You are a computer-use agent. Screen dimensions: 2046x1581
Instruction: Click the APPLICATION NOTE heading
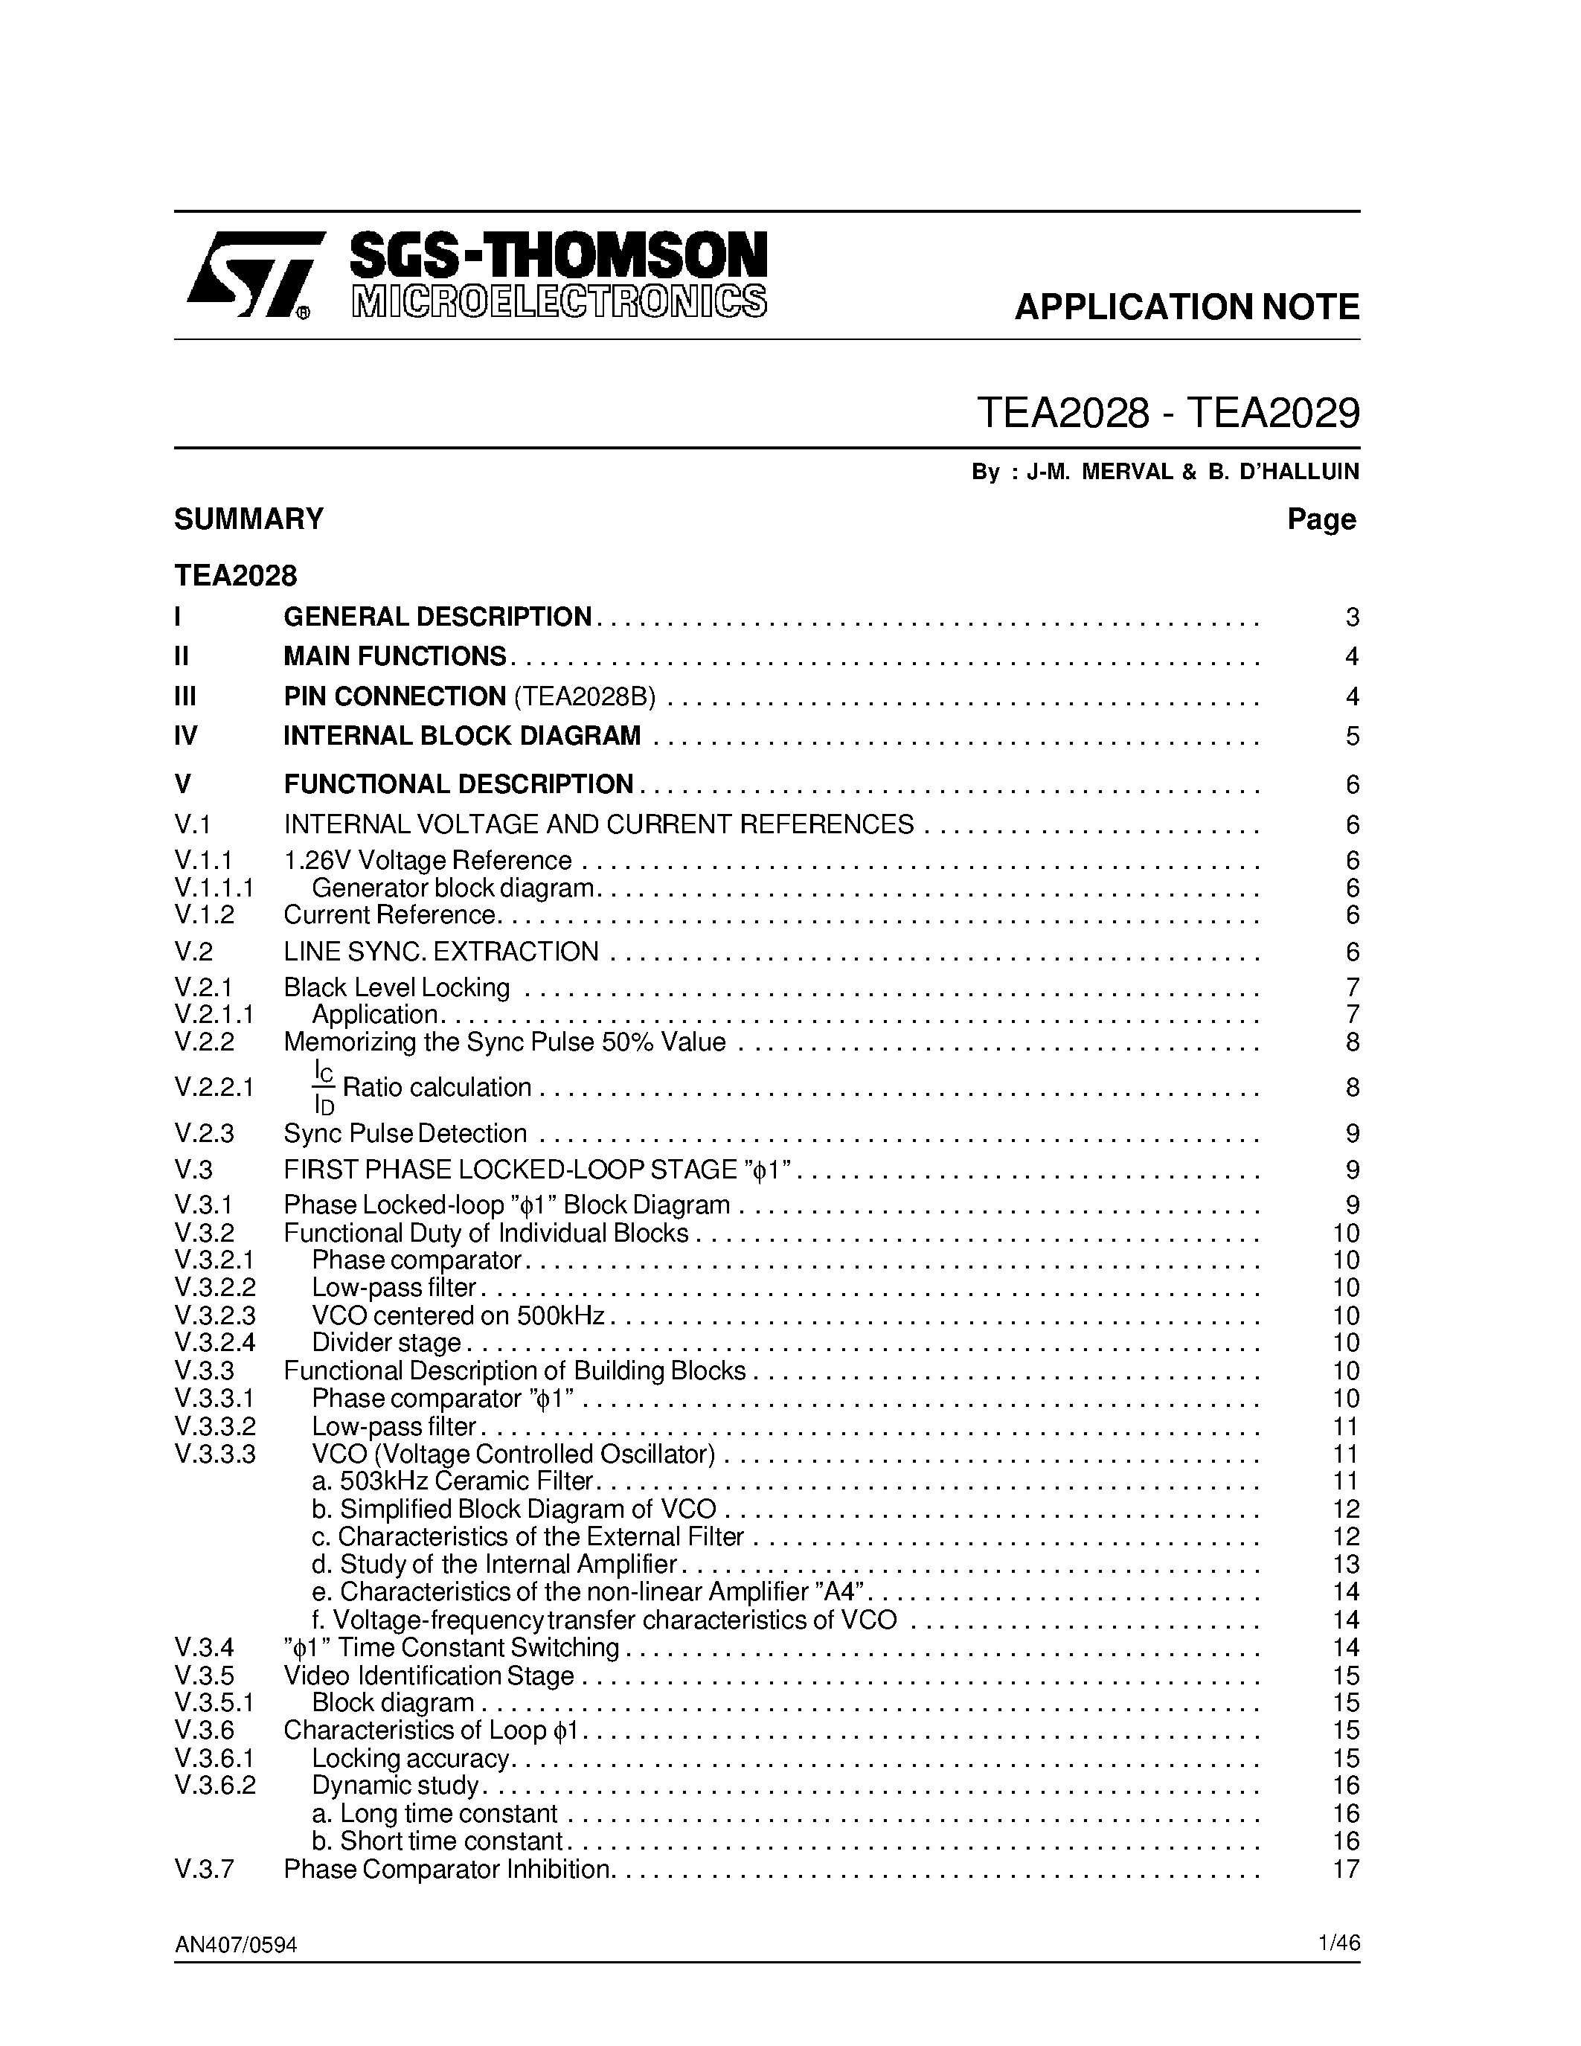tap(1186, 307)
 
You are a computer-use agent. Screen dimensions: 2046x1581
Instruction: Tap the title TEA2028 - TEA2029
tap(1167, 412)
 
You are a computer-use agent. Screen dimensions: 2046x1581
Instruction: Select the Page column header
tap(1321, 519)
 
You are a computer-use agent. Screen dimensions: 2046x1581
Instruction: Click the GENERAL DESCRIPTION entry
tap(437, 617)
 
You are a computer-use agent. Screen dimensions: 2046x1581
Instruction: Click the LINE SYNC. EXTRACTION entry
tap(440, 952)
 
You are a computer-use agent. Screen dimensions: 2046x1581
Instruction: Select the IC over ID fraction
tap(323, 1087)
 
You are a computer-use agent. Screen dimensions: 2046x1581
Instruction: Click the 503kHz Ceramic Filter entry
tap(452, 1481)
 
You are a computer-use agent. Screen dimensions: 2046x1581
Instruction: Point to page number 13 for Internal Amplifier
tap(1345, 1565)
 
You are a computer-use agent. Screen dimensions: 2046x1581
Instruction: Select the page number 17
tap(1345, 1869)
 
